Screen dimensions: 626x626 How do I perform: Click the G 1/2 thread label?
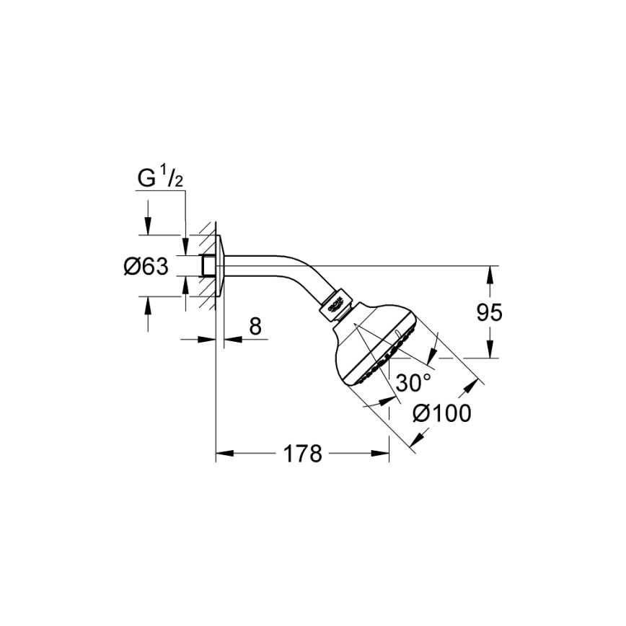pos(160,177)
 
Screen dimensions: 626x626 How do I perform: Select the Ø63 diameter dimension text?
pos(146,267)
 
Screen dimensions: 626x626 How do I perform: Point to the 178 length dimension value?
pos(301,454)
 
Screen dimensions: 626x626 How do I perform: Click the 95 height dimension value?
pos(490,312)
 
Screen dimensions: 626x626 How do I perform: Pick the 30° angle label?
pos(414,382)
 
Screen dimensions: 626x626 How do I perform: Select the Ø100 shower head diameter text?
pos(441,413)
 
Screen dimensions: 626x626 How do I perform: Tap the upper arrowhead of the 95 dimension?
pos(490,270)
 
